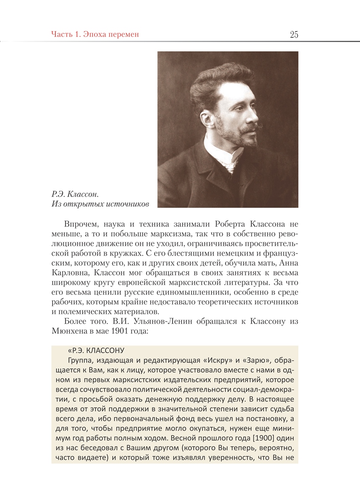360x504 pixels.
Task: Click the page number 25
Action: tap(294, 34)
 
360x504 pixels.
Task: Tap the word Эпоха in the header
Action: tap(91, 34)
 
